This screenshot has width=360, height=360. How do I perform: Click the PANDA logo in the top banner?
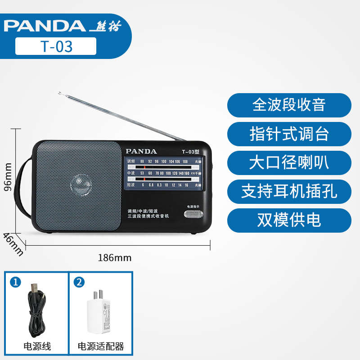44,26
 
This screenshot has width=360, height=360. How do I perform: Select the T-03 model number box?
56,46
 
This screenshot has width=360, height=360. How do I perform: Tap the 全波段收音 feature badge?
289,105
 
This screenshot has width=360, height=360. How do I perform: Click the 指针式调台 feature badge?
289,134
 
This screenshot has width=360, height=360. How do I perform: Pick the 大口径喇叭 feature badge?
289,162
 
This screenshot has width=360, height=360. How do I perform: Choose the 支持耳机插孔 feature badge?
289,191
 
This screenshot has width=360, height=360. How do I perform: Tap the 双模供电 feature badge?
289,220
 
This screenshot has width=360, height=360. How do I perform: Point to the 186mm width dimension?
114,258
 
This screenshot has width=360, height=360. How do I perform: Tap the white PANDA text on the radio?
141,151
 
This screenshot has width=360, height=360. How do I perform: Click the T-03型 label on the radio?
191,152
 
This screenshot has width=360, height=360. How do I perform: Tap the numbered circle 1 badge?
16,283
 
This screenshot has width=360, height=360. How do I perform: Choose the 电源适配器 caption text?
101,346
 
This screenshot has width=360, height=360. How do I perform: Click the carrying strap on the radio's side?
22,189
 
